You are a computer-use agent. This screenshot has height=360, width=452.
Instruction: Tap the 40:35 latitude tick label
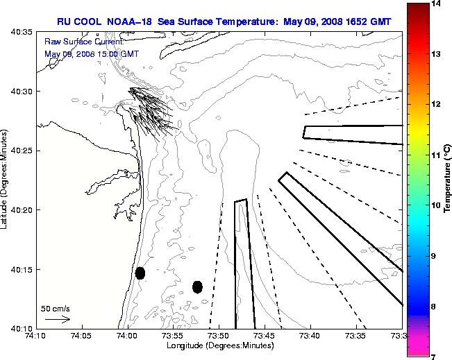pos(24,33)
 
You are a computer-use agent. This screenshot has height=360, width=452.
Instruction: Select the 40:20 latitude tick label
pos(24,209)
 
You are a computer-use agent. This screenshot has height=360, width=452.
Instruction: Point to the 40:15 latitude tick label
pos(24,269)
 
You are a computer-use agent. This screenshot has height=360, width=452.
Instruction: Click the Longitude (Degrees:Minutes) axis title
pos(219,345)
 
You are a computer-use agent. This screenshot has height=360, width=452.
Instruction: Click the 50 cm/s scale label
pos(56,308)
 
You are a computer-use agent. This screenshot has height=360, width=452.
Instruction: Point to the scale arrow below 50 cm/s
pos(57,320)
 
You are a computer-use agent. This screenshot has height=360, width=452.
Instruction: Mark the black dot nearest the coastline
pos(140,273)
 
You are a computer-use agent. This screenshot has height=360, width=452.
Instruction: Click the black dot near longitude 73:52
pos(197,286)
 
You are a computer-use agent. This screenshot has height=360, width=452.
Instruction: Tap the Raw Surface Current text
pos(75,42)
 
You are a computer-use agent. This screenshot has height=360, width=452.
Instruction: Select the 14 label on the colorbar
pos(434,3)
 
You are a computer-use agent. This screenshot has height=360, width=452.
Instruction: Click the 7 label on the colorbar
pos(434,357)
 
